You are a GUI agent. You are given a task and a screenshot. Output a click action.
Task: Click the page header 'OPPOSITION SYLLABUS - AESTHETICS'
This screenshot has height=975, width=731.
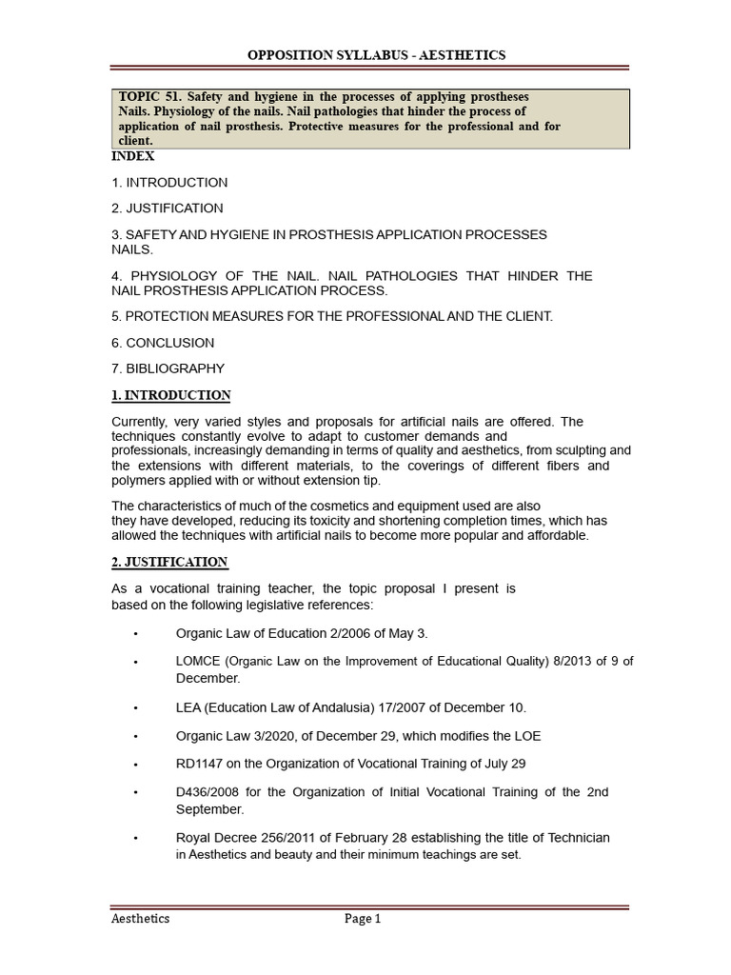[376, 55]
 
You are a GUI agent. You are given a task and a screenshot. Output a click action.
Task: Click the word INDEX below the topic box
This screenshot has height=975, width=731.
[133, 156]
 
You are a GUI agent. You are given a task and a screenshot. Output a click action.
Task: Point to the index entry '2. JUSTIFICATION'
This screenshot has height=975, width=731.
[168, 209]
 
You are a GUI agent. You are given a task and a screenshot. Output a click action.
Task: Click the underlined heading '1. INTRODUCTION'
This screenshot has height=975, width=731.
[171, 395]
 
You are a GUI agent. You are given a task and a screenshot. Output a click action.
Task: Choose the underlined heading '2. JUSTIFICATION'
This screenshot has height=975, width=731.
[169, 563]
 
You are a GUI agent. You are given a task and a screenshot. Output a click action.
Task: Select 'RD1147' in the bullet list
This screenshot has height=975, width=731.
[199, 764]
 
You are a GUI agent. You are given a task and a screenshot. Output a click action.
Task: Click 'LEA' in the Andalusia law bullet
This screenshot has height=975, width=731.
[188, 708]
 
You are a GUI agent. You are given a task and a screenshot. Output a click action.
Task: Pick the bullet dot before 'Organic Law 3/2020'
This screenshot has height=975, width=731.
[136, 737]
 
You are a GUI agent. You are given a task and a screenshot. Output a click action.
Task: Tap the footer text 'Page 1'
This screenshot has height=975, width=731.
[363, 919]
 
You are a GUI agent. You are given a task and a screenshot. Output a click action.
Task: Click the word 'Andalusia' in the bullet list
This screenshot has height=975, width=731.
[373, 708]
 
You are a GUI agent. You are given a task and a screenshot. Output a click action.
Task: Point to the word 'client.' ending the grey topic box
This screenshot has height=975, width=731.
[135, 140]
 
